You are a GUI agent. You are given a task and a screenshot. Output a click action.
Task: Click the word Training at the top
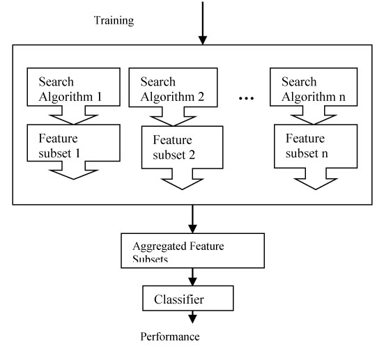(x=114, y=21)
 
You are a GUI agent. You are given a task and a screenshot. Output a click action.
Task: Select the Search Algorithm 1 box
(x=73, y=87)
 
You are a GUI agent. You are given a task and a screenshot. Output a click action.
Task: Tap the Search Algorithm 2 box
(x=173, y=87)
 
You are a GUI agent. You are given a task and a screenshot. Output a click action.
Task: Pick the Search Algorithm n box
(x=314, y=87)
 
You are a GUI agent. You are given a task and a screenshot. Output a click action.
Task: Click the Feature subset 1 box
(x=73, y=143)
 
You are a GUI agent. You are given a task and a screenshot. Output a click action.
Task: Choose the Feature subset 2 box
(x=182, y=148)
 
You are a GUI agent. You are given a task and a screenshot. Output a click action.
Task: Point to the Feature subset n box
(x=316, y=146)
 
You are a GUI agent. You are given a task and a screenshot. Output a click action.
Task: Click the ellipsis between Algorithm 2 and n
(x=247, y=98)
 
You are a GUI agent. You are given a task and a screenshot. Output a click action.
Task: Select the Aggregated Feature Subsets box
(x=193, y=251)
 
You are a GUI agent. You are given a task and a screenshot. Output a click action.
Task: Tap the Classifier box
(x=188, y=298)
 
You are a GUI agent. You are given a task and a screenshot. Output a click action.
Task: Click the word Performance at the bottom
(x=170, y=337)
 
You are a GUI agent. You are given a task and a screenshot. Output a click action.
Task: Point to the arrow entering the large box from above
(x=203, y=23)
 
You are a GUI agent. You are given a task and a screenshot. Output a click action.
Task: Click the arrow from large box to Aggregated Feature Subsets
(x=192, y=219)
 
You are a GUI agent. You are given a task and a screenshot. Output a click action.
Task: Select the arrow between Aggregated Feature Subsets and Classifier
(x=192, y=277)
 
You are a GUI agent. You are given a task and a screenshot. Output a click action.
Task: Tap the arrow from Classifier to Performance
(x=192, y=317)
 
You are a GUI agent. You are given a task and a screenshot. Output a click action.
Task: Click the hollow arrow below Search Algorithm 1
(x=73, y=116)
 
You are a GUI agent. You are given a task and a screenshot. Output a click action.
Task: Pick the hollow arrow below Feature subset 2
(x=182, y=179)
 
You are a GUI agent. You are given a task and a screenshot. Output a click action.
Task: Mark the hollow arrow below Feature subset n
(x=316, y=179)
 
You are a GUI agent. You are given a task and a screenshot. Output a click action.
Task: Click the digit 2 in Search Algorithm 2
(x=201, y=97)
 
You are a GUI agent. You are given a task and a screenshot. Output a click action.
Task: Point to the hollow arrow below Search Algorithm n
(x=314, y=116)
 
